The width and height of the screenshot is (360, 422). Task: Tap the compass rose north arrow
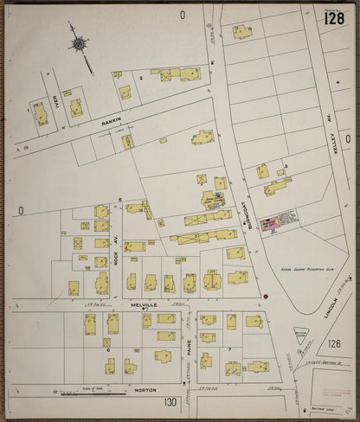(x=80, y=44)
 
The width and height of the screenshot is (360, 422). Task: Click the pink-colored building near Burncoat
(x=269, y=222)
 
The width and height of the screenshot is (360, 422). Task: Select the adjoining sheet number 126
(x=335, y=343)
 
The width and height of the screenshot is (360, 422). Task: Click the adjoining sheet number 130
(x=169, y=401)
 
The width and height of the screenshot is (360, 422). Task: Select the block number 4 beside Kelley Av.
(x=337, y=82)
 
